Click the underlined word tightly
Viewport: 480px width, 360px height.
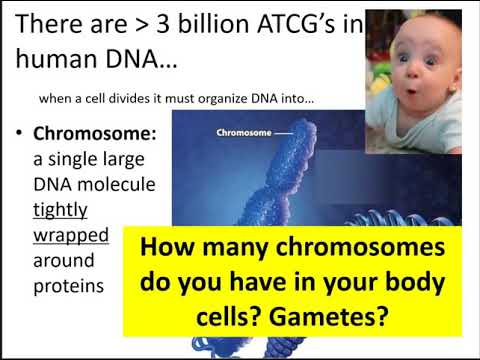(61, 210)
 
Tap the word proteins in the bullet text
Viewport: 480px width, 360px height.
(70, 287)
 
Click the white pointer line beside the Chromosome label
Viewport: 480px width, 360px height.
(283, 131)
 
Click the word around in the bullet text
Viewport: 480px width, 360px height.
(65, 261)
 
